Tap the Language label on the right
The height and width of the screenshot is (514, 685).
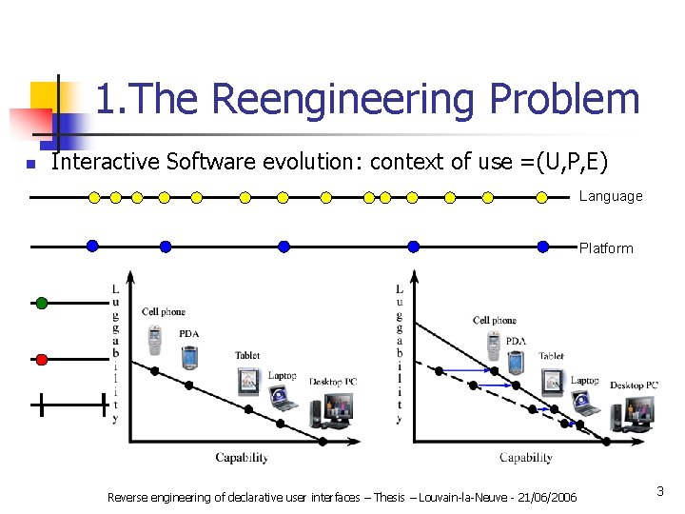(x=611, y=196)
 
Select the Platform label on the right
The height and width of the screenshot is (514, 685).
(x=606, y=248)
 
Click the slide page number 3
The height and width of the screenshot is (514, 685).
(x=659, y=491)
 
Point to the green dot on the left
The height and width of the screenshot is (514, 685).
(x=41, y=304)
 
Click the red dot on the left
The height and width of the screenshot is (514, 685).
(x=41, y=359)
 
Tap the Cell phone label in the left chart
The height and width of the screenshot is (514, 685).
(x=164, y=311)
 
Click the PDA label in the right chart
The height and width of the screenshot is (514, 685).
(x=516, y=341)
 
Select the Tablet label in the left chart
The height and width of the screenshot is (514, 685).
(x=247, y=356)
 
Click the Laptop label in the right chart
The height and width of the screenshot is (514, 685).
(x=584, y=381)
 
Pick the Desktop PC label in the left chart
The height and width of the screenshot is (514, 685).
(x=333, y=382)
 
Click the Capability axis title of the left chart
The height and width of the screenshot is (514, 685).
(x=242, y=458)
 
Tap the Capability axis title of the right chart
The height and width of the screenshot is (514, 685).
(x=526, y=458)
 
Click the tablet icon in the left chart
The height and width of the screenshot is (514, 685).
(x=248, y=381)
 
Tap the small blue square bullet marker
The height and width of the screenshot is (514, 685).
(x=31, y=165)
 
